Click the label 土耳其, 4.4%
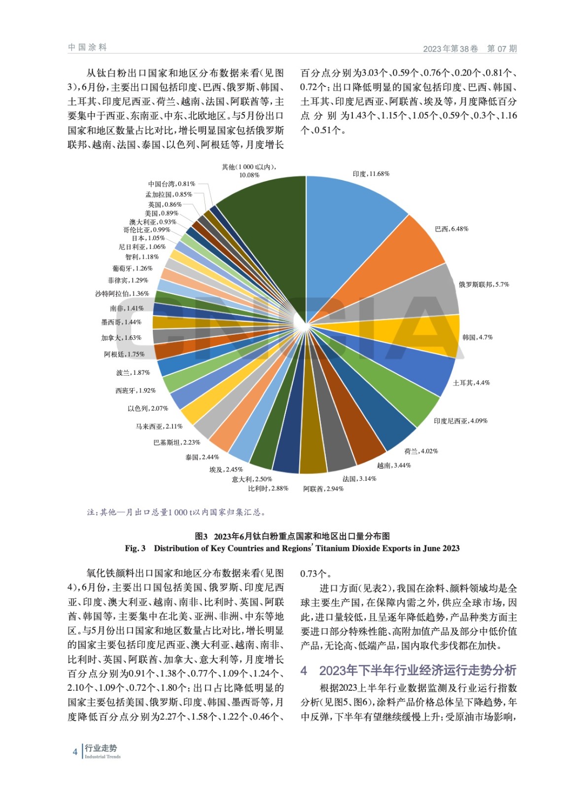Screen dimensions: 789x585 [x=471, y=383]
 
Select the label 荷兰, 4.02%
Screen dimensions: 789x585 [x=421, y=451]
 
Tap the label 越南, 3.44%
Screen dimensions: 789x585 [x=394, y=465]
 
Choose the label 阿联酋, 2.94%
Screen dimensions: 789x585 [x=323, y=489]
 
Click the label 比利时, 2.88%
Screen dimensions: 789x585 [x=268, y=488]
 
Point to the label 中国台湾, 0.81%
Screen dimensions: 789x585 [x=172, y=184]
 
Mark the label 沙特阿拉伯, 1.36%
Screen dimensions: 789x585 [x=122, y=293]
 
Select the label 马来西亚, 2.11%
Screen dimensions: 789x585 [x=159, y=426]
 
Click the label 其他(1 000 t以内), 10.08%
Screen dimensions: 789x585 [x=249, y=171]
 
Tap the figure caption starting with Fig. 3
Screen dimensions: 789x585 [x=292, y=548]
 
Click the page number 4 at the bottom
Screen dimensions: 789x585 [x=75, y=752]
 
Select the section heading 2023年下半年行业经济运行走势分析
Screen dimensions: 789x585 [x=417, y=670]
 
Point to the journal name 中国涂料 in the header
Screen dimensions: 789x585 [x=87, y=47]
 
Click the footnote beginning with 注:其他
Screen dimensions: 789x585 [x=177, y=512]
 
